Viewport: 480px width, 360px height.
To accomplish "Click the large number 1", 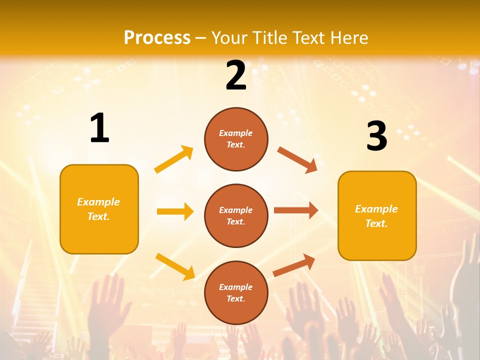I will point(99,128).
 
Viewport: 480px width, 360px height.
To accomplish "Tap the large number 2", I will point(236,75).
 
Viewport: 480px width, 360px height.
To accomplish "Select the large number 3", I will point(376,136).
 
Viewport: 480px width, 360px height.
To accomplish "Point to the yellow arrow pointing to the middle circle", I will point(175,211).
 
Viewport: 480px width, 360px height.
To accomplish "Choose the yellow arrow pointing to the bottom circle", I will point(175,266).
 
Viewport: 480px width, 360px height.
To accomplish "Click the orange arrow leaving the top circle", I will point(297,160).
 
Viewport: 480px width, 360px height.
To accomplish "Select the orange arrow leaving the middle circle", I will point(296,210).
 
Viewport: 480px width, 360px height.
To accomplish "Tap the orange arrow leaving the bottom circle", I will point(294,265).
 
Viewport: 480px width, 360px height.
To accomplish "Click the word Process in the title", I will point(157,37).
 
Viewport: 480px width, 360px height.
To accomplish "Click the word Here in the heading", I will point(348,37).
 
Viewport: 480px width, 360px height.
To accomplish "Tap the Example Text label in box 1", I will point(98,209).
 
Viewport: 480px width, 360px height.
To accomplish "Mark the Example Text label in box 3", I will point(376,216).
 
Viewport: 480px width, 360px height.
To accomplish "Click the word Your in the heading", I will point(229,37).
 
